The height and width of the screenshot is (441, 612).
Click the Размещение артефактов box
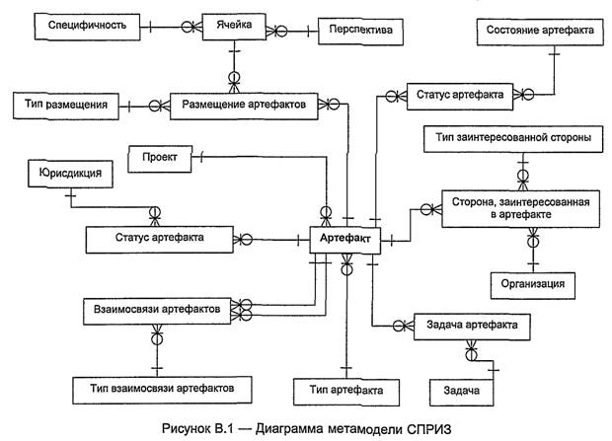(248, 102)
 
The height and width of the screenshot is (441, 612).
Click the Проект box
(159, 157)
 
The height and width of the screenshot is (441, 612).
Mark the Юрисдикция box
(70, 174)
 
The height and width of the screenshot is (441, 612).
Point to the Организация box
(533, 284)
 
